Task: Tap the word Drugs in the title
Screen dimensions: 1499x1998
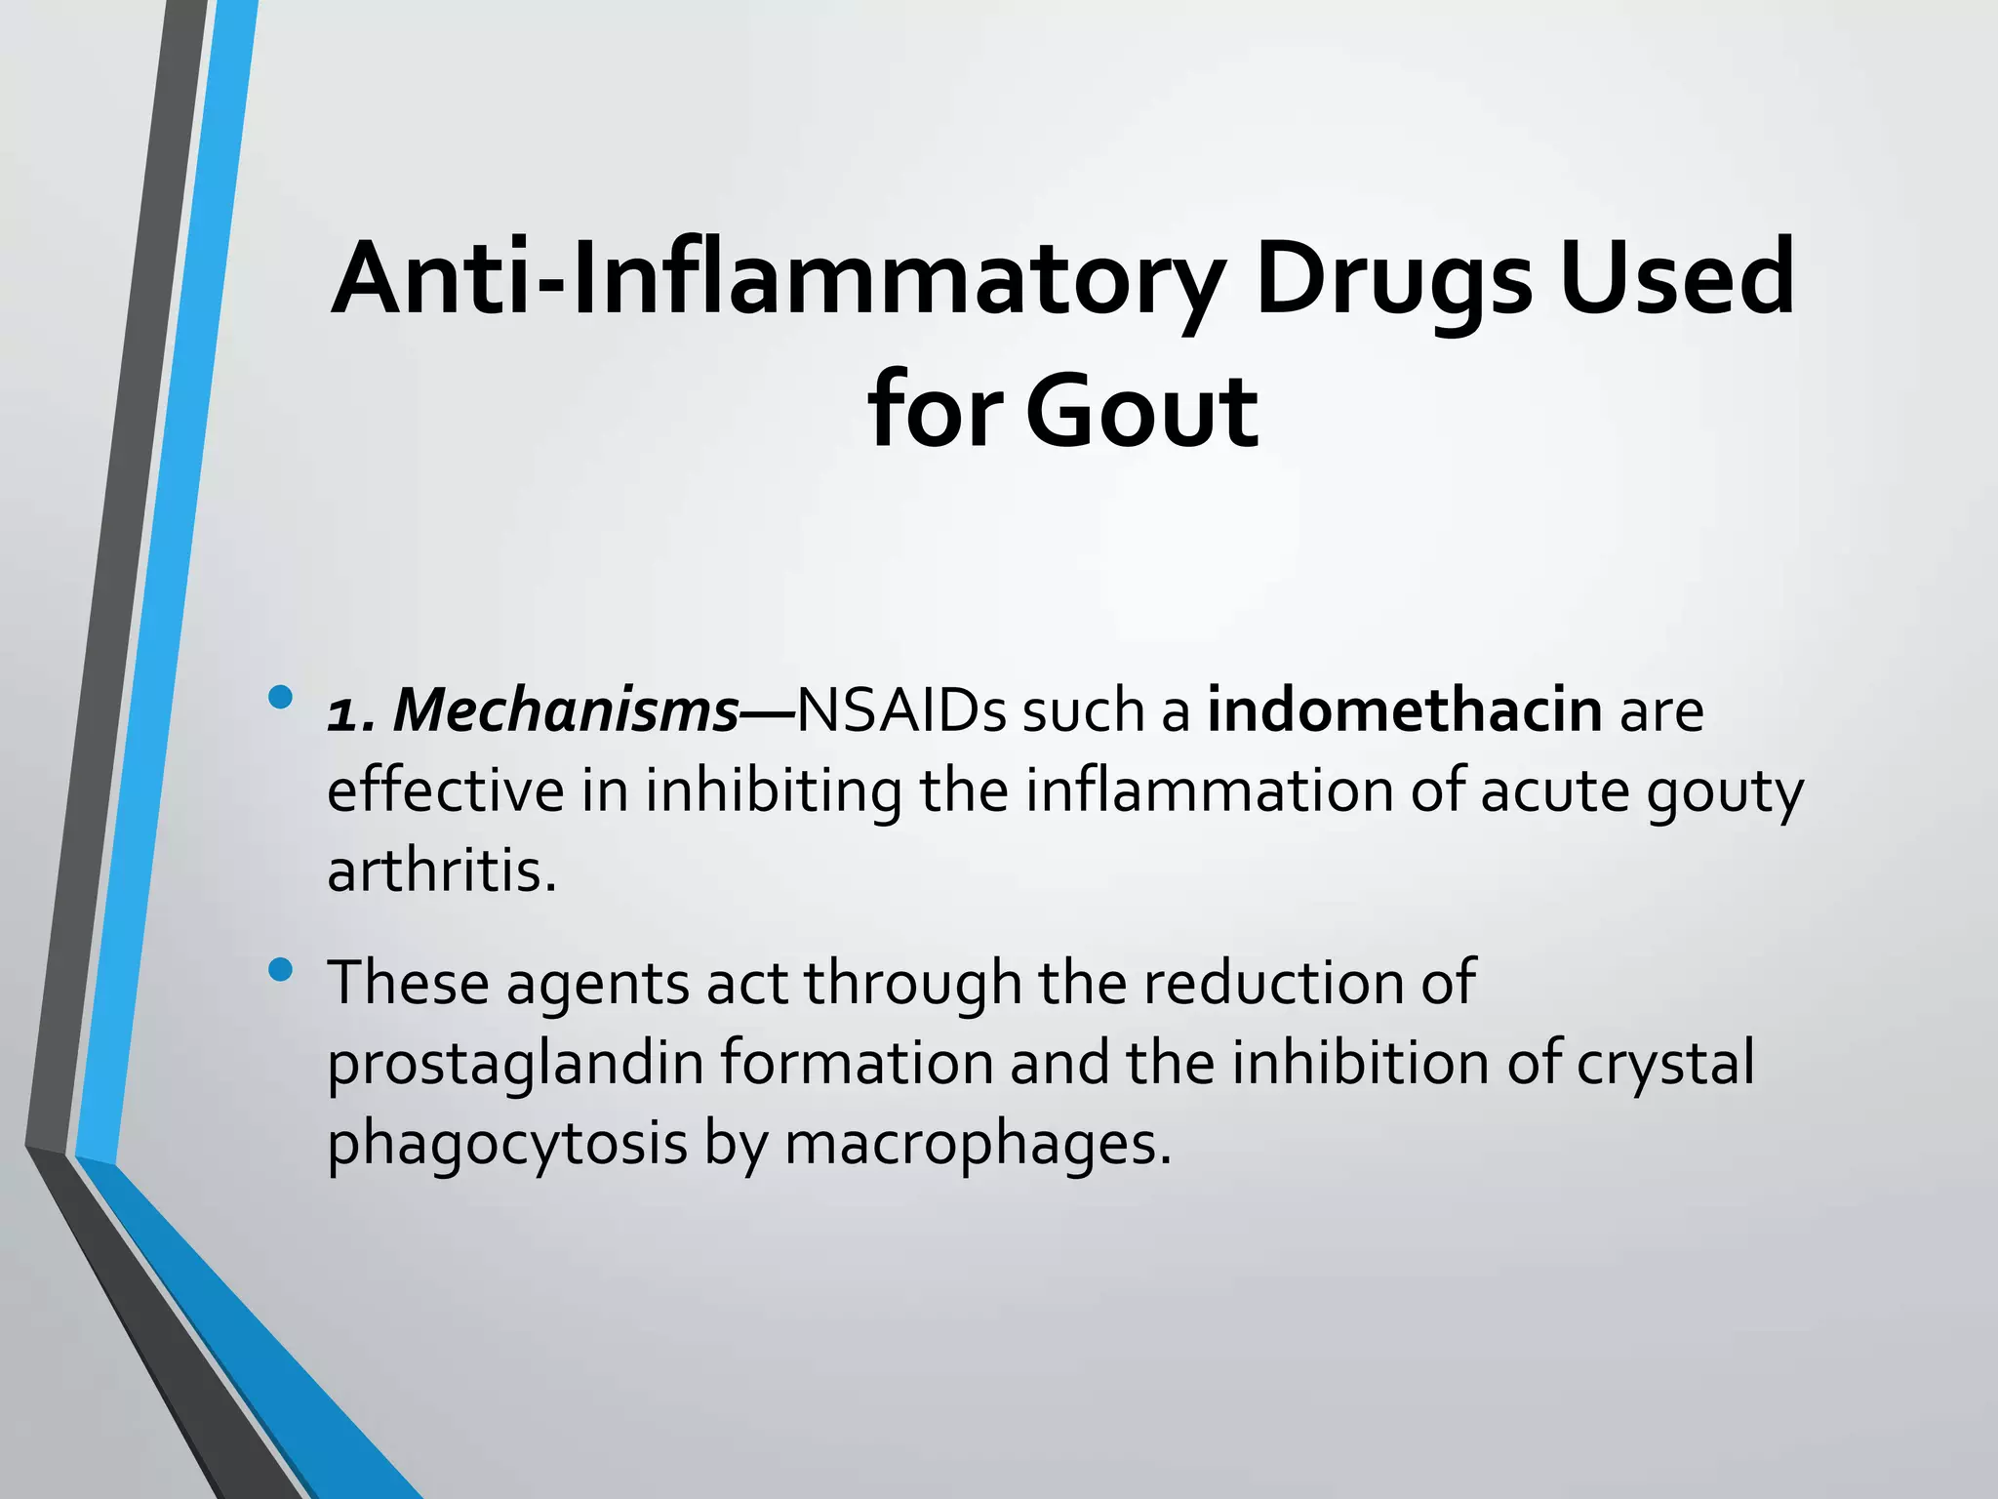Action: click(1393, 279)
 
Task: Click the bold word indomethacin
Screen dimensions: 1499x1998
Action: click(1404, 710)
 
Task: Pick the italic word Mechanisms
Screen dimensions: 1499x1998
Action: click(566, 710)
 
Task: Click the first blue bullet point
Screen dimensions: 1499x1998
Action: click(280, 698)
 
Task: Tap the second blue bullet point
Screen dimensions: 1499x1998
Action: click(280, 969)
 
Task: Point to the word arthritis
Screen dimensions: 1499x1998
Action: click(441, 871)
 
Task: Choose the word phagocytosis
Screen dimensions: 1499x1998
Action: click(507, 1144)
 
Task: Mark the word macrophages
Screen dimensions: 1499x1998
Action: click(977, 1144)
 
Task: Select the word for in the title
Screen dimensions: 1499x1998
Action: click(933, 412)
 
